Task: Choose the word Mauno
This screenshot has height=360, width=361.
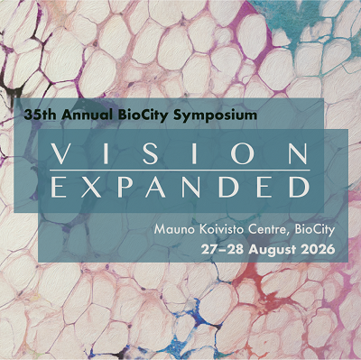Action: [x=174, y=228]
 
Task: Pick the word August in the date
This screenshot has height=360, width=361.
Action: [x=279, y=247]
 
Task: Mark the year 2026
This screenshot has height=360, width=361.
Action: [x=320, y=247]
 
